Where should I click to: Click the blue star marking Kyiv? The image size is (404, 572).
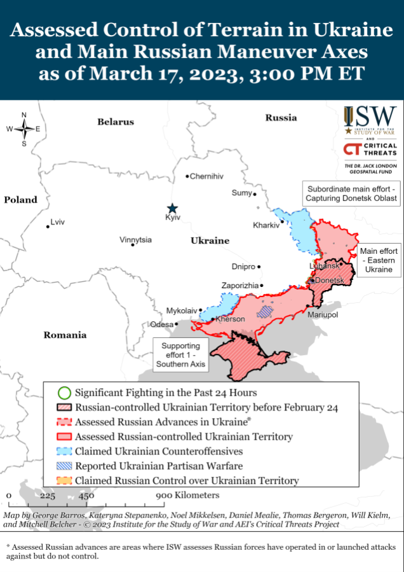click(172, 208)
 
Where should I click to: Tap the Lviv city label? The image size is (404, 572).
click(57, 222)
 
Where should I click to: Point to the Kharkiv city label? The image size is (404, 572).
click(266, 225)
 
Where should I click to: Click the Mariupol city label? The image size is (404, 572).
click(322, 315)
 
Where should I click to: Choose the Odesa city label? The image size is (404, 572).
click(161, 324)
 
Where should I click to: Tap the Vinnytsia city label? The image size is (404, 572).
click(135, 240)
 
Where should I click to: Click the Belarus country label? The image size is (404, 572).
click(116, 122)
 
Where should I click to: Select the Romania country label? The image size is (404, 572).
click(65, 335)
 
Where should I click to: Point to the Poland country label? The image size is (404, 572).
click(20, 200)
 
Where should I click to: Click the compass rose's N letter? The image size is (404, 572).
click(24, 115)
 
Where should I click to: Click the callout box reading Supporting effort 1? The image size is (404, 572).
click(180, 354)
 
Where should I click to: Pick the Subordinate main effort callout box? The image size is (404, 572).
click(351, 194)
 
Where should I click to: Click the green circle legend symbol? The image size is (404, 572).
click(63, 393)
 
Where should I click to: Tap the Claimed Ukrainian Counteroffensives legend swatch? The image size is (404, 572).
click(63, 451)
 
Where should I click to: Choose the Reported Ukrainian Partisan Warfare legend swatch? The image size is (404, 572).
click(63, 466)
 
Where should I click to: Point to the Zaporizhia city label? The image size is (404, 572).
click(239, 286)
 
